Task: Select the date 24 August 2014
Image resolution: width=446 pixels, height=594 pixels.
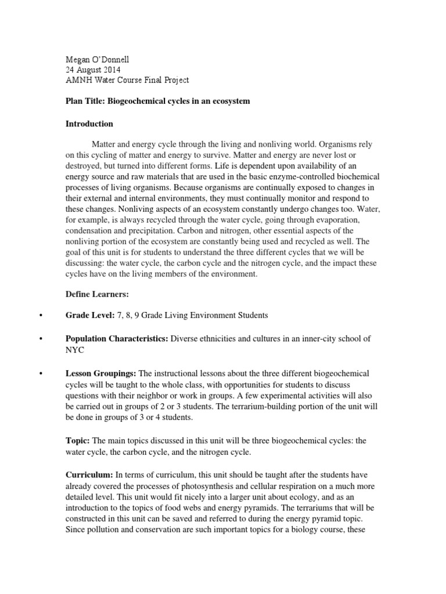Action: click(x=93, y=70)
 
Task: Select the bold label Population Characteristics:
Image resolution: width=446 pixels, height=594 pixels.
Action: click(x=117, y=338)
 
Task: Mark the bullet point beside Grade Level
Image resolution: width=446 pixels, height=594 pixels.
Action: click(x=41, y=316)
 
